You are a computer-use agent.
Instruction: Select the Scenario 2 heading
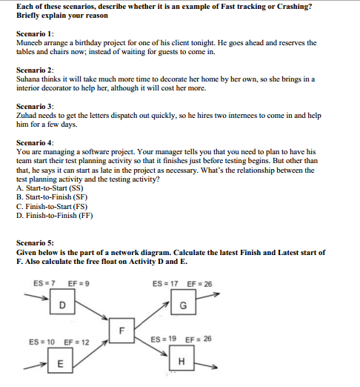[35, 68]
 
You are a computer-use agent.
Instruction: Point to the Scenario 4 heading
[35, 141]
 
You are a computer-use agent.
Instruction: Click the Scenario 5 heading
[35, 242]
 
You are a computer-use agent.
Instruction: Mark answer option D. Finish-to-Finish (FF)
[54, 215]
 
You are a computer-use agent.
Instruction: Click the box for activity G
[182, 305]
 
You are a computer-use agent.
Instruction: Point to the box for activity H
[182, 361]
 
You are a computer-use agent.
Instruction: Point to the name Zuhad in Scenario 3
[27, 116]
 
